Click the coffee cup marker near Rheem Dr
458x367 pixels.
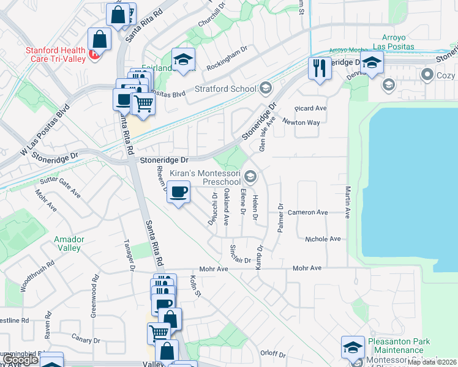[x=178, y=193]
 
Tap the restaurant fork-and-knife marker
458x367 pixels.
[x=319, y=67]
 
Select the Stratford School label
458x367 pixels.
[x=226, y=89]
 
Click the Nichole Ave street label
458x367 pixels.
[x=323, y=239]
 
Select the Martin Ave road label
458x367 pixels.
[x=347, y=202]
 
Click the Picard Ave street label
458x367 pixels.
[x=310, y=108]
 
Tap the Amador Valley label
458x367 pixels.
[x=67, y=243]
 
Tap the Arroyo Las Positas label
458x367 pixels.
[x=397, y=42]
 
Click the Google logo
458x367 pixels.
[x=20, y=360]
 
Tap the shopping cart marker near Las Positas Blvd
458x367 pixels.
[x=143, y=104]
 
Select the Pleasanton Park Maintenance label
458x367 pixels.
[x=399, y=346]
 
